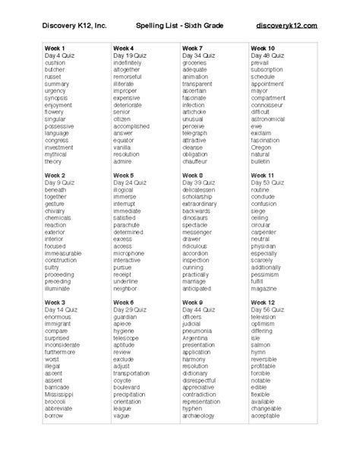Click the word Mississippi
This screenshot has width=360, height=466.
pyautogui.click(x=61, y=396)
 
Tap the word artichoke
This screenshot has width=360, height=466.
pyautogui.click(x=196, y=112)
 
